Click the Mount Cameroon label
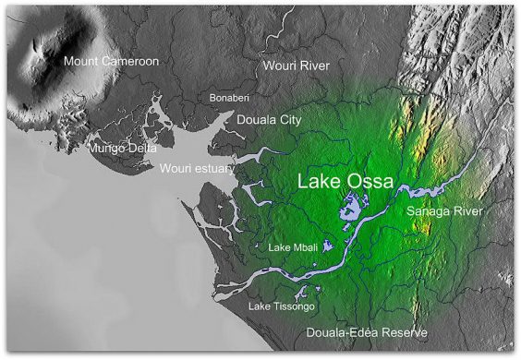[x=111, y=62]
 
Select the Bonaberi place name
[x=230, y=97]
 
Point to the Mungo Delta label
[x=122, y=148]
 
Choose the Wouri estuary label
[x=197, y=169]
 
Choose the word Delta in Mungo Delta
[x=141, y=148]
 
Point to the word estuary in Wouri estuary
[x=214, y=169]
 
